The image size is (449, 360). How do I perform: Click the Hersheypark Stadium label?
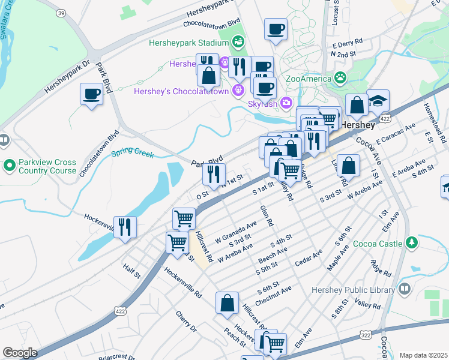click(188, 43)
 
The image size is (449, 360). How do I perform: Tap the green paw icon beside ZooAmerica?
click(340, 77)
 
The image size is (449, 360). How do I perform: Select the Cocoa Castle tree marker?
click(411, 242)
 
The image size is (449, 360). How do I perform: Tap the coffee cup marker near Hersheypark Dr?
click(91, 94)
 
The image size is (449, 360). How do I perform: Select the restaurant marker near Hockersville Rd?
click(125, 227)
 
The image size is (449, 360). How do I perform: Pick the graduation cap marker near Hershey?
click(378, 100)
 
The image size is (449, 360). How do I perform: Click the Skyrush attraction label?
click(262, 103)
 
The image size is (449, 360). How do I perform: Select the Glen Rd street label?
click(267, 215)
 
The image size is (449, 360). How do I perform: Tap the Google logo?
click(20, 352)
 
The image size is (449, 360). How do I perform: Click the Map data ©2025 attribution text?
click(423, 355)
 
